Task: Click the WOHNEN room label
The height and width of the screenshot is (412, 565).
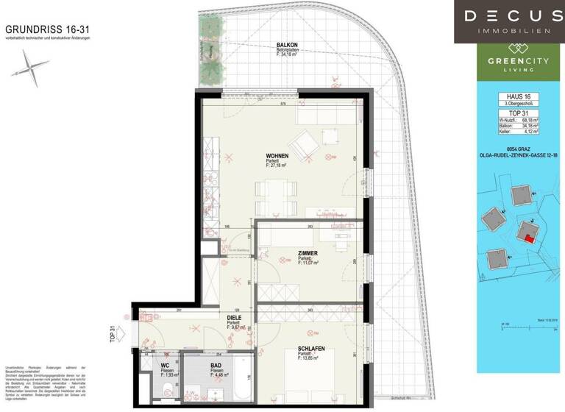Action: coord(277,156)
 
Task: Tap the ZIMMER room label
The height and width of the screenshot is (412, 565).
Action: coord(308,252)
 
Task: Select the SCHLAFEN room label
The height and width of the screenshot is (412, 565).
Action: coord(311,348)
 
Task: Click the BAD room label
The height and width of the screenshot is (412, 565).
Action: coord(216,365)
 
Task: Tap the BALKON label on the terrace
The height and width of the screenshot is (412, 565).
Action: coord(287,45)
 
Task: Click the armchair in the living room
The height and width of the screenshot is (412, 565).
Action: coord(304,143)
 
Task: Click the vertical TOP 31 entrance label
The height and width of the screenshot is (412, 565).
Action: coord(113,334)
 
